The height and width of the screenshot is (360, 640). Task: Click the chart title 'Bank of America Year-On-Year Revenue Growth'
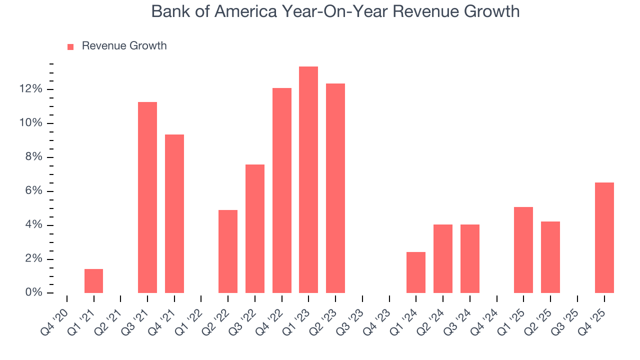[335, 12]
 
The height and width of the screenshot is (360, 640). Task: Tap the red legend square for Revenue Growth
[70, 46]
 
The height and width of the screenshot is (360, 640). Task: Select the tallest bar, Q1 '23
[308, 179]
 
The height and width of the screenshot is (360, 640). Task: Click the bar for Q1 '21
[93, 281]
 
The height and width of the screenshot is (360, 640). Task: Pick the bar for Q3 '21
[147, 197]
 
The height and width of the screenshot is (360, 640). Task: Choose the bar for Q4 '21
[174, 213]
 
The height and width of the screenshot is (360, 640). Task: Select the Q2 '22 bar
[228, 251]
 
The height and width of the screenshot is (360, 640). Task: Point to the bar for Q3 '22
[255, 228]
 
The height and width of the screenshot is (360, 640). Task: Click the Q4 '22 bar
[282, 190]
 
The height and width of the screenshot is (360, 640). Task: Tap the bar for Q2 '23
[335, 188]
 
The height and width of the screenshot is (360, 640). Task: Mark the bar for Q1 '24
[416, 272]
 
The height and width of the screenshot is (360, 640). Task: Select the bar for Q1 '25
[523, 250]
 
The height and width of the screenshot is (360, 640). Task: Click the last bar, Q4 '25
[604, 237]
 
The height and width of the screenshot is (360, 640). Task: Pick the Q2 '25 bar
[550, 257]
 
